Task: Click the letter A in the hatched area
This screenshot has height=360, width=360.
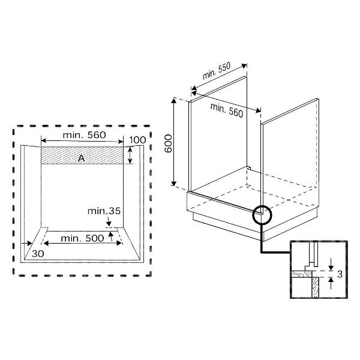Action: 81,158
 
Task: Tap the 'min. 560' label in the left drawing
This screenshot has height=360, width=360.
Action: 84,135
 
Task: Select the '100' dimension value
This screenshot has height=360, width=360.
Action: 137,140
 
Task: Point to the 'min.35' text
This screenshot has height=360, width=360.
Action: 104,211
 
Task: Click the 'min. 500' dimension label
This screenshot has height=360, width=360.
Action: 82,238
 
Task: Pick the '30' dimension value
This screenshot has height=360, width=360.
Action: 38,254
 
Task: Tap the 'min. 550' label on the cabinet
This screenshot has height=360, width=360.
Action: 217,71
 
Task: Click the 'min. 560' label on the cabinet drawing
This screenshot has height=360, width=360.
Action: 227,110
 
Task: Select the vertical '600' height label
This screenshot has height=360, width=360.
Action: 168,144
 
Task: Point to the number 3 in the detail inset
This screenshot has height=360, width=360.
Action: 340,274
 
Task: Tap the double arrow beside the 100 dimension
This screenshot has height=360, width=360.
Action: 130,155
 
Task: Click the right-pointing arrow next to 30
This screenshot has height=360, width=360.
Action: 26,243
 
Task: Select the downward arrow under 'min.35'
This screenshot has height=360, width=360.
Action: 109,221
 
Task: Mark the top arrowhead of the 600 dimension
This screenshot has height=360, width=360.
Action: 174,100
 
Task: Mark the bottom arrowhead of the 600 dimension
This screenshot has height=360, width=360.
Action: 174,183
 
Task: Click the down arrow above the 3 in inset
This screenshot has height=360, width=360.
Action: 331,264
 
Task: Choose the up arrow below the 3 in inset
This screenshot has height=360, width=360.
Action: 331,283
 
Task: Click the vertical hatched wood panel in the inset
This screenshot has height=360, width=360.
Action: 315,287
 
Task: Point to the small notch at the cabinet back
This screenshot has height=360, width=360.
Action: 248,168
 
